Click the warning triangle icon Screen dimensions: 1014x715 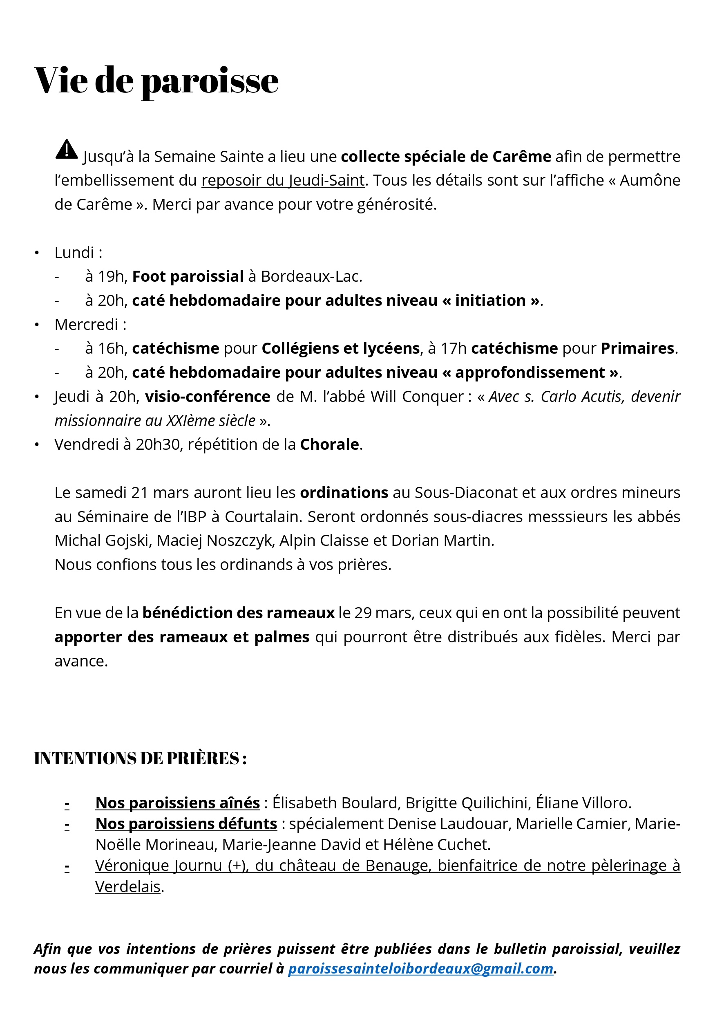click(67, 149)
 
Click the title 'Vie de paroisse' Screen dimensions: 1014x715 click(156, 81)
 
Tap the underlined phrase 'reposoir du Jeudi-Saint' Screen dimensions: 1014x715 click(283, 180)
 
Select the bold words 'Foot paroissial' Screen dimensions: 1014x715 click(188, 276)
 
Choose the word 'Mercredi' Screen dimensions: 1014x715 click(86, 325)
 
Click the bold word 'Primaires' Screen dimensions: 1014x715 click(637, 348)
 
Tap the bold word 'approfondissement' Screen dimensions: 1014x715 click(530, 373)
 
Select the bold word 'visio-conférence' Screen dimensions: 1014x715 click(208, 397)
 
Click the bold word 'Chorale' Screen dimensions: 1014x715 click(329, 444)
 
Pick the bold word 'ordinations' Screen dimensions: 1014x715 click(344, 492)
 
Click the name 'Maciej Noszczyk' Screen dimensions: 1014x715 click(214, 541)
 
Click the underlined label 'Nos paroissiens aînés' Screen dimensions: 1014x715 click(177, 803)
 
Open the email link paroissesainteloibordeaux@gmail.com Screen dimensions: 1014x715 click(420, 969)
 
